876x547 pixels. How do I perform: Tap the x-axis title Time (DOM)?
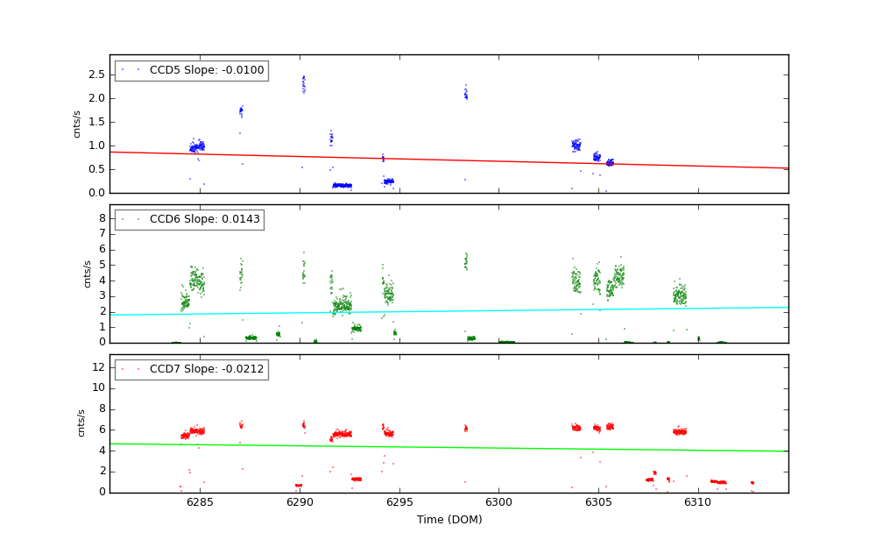tap(449, 520)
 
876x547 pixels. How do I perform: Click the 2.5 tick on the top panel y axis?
tap(96, 75)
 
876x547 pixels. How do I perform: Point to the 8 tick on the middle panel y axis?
tap(102, 218)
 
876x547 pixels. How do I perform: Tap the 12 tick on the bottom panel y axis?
tap(99, 366)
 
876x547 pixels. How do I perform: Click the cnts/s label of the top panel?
tap(77, 124)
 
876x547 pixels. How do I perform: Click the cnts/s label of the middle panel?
tap(87, 273)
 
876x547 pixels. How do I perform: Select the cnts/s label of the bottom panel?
tap(81, 423)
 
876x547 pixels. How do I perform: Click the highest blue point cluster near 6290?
tap(304, 84)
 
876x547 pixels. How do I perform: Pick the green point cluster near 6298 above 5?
tap(465, 261)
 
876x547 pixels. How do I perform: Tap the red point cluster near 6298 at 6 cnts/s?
tap(465, 428)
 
